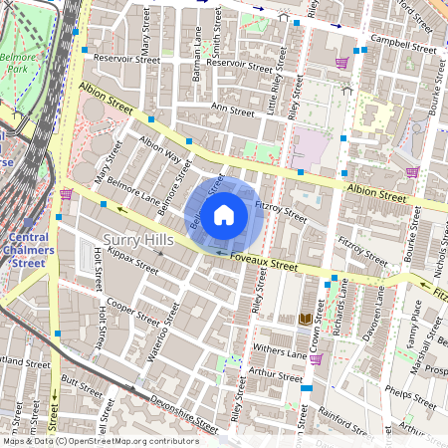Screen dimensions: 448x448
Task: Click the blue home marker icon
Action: pos(224,214)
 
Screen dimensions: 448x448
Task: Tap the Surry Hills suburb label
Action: pos(140,240)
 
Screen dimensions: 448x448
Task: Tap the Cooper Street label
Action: pos(132,312)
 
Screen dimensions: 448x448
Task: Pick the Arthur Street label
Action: pos(277,376)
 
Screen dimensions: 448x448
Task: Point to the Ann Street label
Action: pos(233,112)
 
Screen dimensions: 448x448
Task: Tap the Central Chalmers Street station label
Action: pos(28,250)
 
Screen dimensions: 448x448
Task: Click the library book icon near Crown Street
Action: pos(305,319)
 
